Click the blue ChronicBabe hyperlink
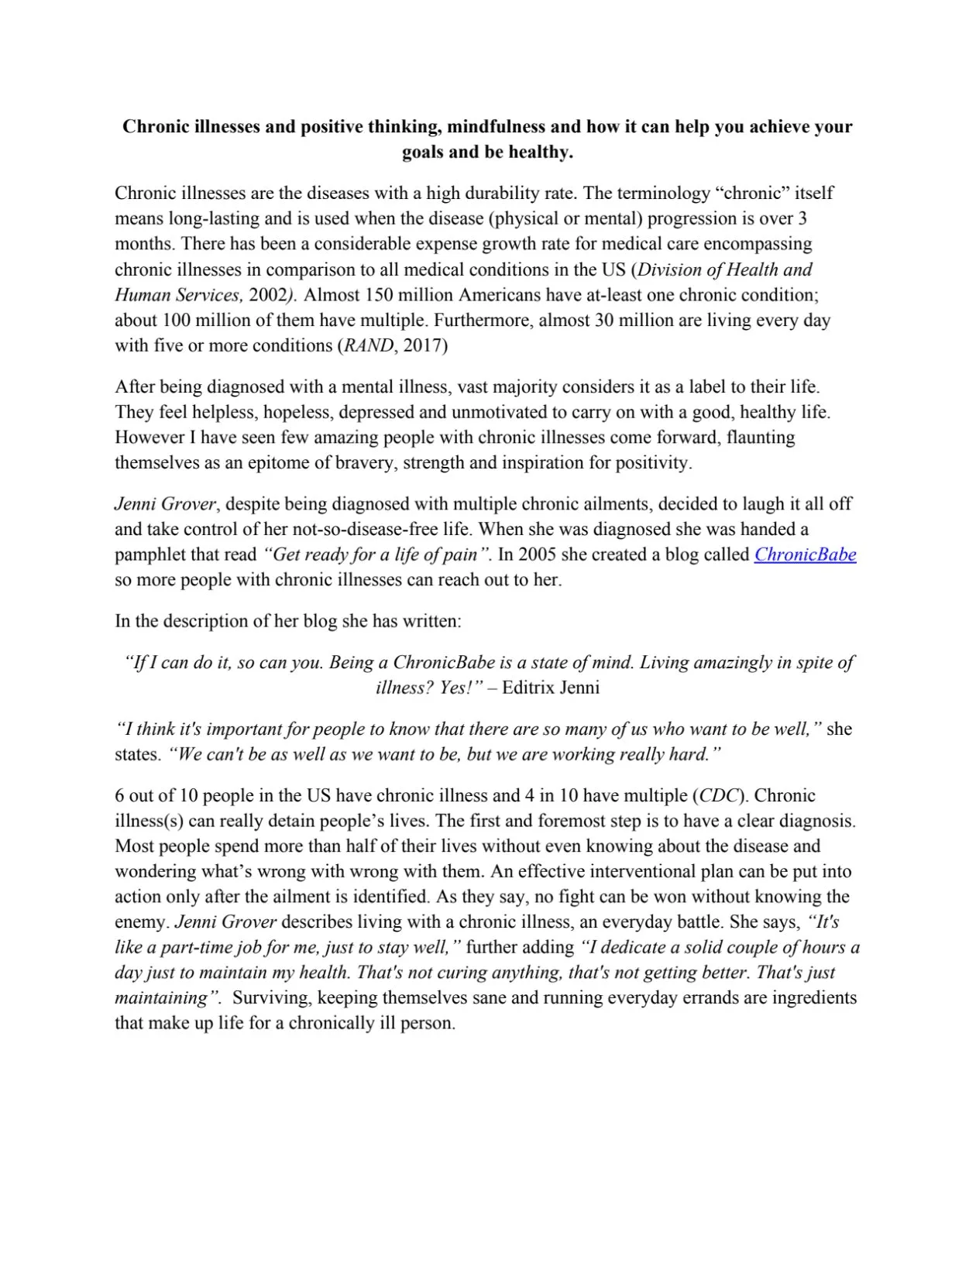pyautogui.click(x=805, y=554)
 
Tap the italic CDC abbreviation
pyautogui.click(x=720, y=795)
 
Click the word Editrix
pyautogui.click(x=525, y=688)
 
